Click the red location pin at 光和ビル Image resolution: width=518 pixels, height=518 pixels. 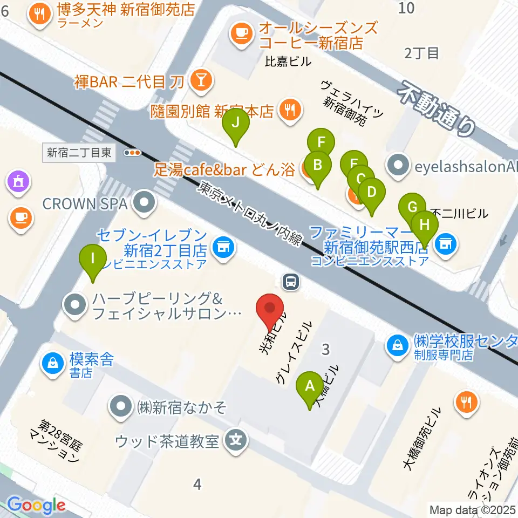(272, 309)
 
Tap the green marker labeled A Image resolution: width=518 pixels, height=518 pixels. (310, 387)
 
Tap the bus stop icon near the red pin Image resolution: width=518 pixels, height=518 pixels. (291, 280)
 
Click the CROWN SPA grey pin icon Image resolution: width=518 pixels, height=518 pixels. (145, 203)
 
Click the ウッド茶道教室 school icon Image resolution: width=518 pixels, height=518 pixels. (236, 440)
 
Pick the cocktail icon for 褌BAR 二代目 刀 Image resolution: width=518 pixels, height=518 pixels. (201, 81)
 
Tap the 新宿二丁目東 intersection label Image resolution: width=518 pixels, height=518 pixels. (79, 153)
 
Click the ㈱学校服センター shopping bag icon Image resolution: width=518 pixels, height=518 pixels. (398, 344)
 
